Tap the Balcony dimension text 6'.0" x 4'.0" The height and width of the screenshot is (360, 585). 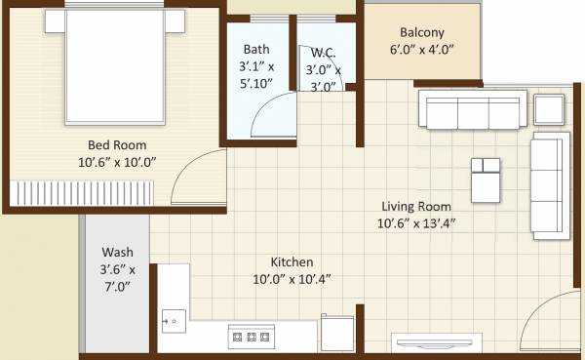point(422,50)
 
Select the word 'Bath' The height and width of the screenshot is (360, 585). point(257,49)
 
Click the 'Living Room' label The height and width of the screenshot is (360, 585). point(415,206)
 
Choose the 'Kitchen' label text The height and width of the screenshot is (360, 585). point(292,262)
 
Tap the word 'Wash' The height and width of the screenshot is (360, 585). point(117,252)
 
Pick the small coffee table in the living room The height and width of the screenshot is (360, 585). point(485,179)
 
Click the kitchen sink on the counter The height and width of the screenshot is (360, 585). point(174,319)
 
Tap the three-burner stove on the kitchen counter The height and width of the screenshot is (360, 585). point(251,337)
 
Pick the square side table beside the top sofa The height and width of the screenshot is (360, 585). point(549,110)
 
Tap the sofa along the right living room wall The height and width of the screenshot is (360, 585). point(548,185)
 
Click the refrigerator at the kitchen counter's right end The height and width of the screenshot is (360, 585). point(336,333)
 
